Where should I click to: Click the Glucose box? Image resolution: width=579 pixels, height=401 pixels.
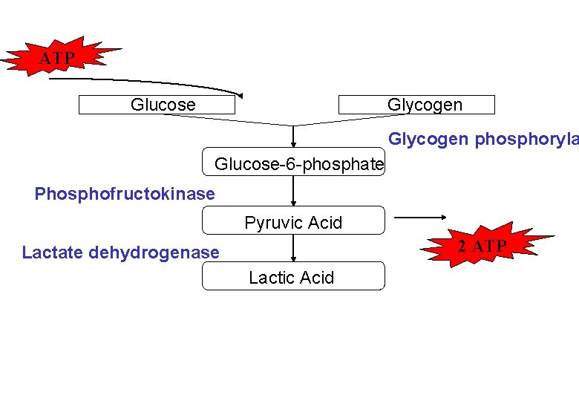click(157, 105)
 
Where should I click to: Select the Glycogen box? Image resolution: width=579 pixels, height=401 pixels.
click(416, 105)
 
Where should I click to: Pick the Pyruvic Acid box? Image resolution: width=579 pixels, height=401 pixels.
click(294, 222)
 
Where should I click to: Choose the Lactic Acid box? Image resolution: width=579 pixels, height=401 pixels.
click(294, 277)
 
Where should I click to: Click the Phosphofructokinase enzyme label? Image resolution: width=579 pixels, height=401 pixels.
click(125, 195)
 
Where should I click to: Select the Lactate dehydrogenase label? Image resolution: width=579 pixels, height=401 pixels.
click(121, 252)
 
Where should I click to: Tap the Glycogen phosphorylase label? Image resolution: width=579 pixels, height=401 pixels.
click(482, 139)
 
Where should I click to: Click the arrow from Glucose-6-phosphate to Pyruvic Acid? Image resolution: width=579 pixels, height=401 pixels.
click(294, 191)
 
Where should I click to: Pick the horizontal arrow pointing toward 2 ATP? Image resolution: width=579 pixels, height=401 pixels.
click(420, 218)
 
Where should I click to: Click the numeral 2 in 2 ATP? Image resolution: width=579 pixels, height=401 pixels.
click(462, 247)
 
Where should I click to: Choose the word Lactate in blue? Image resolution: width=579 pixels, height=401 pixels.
click(53, 252)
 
